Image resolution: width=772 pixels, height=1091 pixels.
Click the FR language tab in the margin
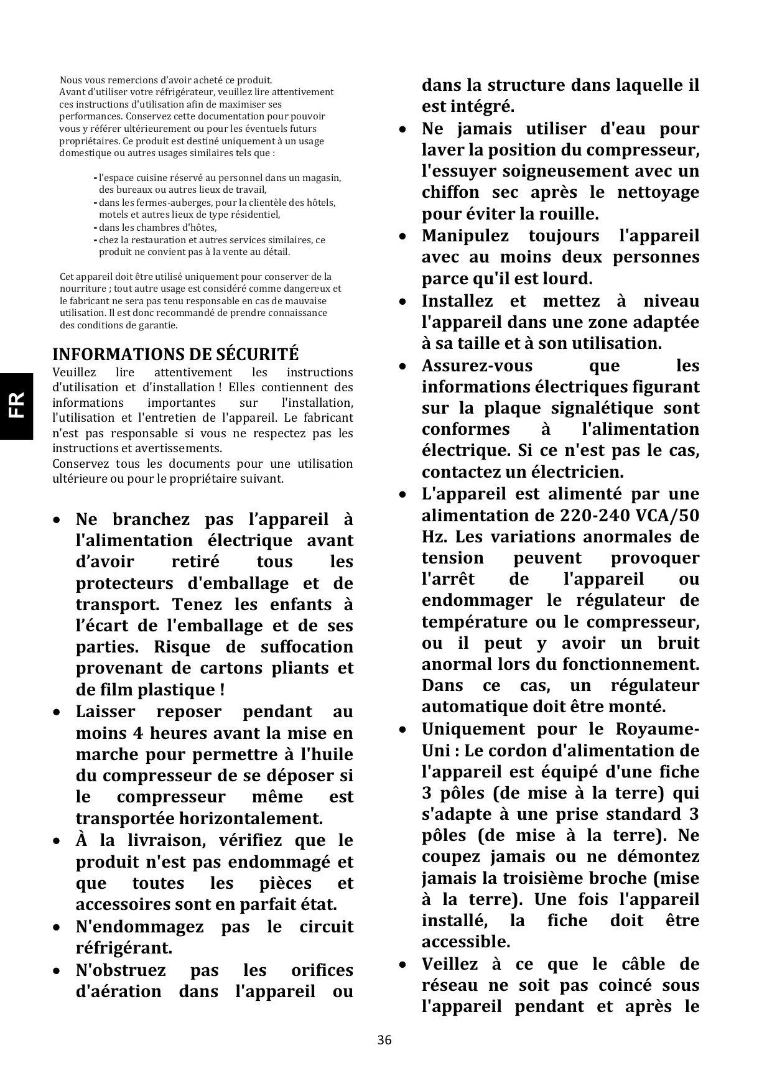tap(16, 405)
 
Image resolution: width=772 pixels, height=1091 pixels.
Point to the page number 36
tap(384, 1040)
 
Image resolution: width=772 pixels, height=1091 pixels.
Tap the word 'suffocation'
tap(307, 647)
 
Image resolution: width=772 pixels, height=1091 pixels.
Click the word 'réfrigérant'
tap(123, 949)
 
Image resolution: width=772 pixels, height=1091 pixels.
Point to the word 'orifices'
tap(322, 970)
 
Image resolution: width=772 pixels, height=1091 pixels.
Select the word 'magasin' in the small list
tap(321, 178)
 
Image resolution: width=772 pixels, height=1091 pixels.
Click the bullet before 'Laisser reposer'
tap(57, 712)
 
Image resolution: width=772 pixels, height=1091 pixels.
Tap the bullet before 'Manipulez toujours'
tap(403, 236)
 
